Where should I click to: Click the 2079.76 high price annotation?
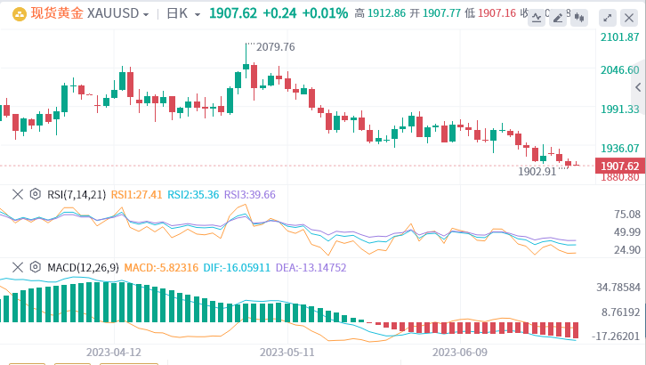tap(275, 46)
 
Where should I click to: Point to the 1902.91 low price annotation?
tap(537, 171)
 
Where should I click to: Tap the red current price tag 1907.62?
tap(620, 166)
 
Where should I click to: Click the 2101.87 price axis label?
tap(620, 37)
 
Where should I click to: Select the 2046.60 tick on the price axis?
tap(620, 70)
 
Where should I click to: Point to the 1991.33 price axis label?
tap(620, 109)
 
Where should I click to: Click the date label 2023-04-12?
tap(114, 352)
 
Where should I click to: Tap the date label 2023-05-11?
tap(287, 352)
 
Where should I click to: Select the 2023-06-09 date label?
tap(459, 352)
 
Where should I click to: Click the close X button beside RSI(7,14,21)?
tap(17, 194)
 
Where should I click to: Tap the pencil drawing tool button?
tap(558, 18)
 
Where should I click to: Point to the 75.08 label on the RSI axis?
tap(626, 215)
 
